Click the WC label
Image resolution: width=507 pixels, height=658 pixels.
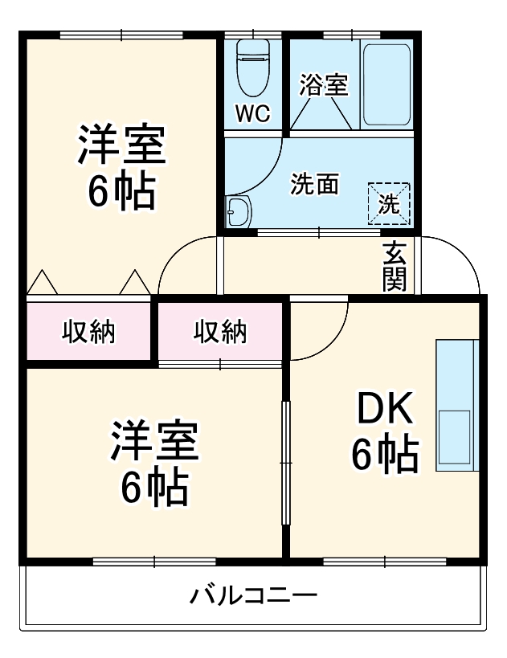(252, 113)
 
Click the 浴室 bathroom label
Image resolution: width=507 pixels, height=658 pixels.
(324, 84)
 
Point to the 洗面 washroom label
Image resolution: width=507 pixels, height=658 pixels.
(314, 184)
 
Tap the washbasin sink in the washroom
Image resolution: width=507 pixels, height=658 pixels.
(239, 212)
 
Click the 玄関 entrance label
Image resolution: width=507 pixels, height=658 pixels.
(394, 266)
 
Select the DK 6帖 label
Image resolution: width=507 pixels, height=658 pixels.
(384, 433)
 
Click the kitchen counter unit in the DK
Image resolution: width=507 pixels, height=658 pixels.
(456, 405)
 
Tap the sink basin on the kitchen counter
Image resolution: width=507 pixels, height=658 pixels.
(455, 438)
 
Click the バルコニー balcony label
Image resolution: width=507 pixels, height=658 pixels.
(253, 597)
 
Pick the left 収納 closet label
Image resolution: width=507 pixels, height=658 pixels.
(89, 331)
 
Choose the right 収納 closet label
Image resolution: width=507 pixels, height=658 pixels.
(220, 331)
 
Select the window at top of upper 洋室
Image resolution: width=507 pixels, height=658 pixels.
(121, 35)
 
